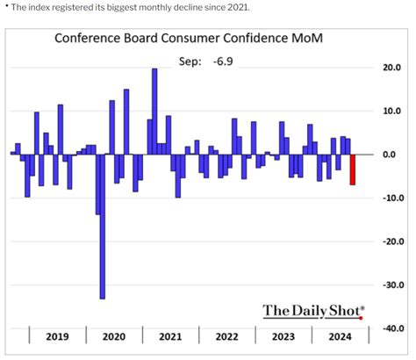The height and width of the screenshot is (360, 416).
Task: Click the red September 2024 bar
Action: pyautogui.click(x=354, y=169)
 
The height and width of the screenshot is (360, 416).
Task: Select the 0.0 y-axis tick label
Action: pyautogui.click(x=388, y=155)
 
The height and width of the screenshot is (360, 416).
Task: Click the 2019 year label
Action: pyautogui.click(x=58, y=336)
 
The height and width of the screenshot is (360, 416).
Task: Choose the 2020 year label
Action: pyautogui.click(x=114, y=336)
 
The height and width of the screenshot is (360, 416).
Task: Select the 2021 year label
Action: pyautogui.click(x=170, y=336)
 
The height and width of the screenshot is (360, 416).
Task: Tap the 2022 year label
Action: pyautogui.click(x=226, y=336)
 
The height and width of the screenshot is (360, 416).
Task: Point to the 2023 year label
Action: pyautogui.click(x=283, y=336)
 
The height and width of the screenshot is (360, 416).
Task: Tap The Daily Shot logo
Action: pyautogui.click(x=313, y=310)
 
